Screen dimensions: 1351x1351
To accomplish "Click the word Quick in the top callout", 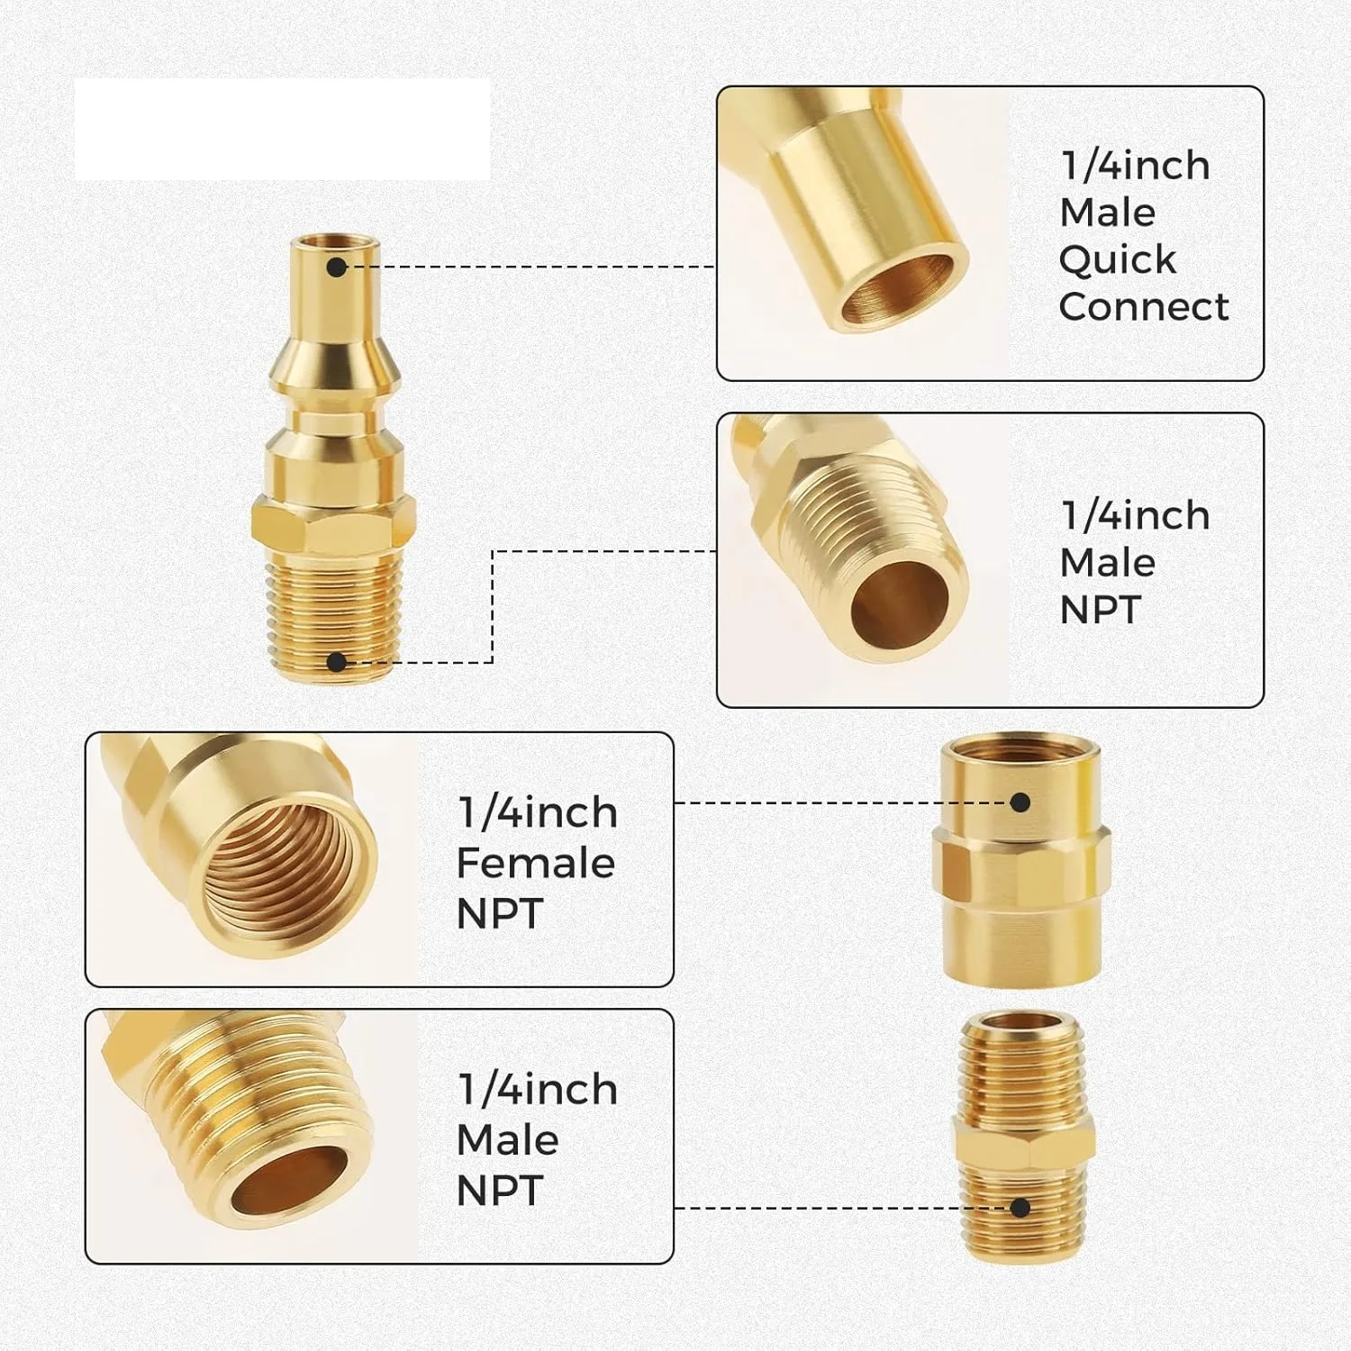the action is (1118, 259).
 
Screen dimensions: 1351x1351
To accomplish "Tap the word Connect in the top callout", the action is (1144, 306).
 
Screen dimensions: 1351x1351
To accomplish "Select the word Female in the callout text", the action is (536, 863).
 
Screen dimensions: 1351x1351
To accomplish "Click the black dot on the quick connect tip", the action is (337, 267).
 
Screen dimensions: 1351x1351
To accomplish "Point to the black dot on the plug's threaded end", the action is (337, 663).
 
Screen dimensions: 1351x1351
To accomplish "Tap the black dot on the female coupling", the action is (1020, 802).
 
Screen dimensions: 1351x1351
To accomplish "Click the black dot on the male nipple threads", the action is (1020, 1208).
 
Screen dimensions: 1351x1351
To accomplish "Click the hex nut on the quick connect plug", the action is (332, 524).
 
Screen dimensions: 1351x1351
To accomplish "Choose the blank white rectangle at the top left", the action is (283, 130).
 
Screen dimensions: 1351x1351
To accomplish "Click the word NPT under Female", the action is (500, 913).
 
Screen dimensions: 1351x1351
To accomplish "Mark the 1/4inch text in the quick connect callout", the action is (1136, 166).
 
